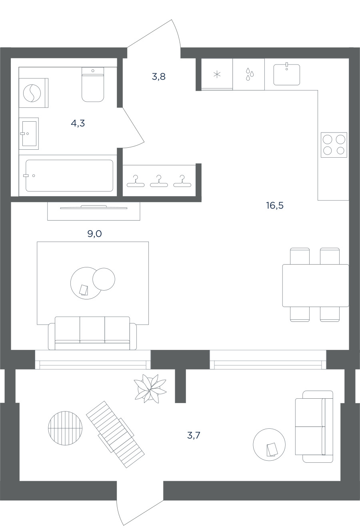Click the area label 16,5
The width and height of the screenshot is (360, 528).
tap(275, 205)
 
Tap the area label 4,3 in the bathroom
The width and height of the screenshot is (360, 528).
tap(78, 123)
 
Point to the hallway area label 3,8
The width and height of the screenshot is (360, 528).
tap(158, 76)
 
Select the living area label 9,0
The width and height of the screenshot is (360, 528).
tap(94, 234)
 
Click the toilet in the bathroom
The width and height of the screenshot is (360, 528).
tap(93, 84)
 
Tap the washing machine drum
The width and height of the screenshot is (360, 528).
tap(32, 93)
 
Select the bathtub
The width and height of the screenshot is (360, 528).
tap(69, 176)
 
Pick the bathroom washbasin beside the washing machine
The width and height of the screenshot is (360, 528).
tap(29, 134)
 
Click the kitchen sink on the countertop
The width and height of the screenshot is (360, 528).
tap(287, 74)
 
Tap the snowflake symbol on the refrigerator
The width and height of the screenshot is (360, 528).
tap(217, 75)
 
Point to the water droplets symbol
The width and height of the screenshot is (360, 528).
tap(250, 74)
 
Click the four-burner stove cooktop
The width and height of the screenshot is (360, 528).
tap(334, 145)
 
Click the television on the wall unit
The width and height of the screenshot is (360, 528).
tap(94, 207)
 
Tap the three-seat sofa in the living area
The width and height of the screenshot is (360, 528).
tap(92, 333)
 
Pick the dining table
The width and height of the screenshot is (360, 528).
tap(316, 285)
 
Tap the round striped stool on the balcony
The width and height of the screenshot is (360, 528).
tap(65, 428)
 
